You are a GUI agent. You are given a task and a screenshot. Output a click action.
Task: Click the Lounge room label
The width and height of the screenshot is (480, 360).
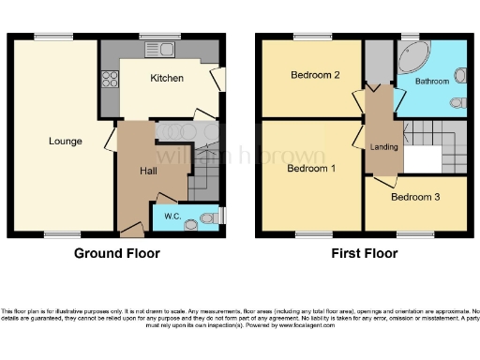click(x=66, y=142)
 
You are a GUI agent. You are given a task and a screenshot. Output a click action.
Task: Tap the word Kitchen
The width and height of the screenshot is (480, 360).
click(x=167, y=78)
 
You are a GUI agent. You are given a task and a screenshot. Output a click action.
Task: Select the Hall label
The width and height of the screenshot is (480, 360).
click(x=149, y=171)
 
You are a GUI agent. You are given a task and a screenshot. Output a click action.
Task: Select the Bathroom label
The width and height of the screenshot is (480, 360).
click(x=432, y=82)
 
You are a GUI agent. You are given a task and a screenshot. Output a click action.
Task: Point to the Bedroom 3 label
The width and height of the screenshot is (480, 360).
click(x=414, y=197)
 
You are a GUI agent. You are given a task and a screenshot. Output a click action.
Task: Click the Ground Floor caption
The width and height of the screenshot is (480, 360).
click(x=116, y=253)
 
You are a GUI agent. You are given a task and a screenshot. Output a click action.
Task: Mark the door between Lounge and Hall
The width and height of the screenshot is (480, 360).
click(x=110, y=142)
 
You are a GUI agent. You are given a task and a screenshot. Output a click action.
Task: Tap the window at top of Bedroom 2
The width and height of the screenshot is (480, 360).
click(x=307, y=38)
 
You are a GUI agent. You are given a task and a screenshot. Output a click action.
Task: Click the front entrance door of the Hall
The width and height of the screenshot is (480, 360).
click(x=132, y=230)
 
